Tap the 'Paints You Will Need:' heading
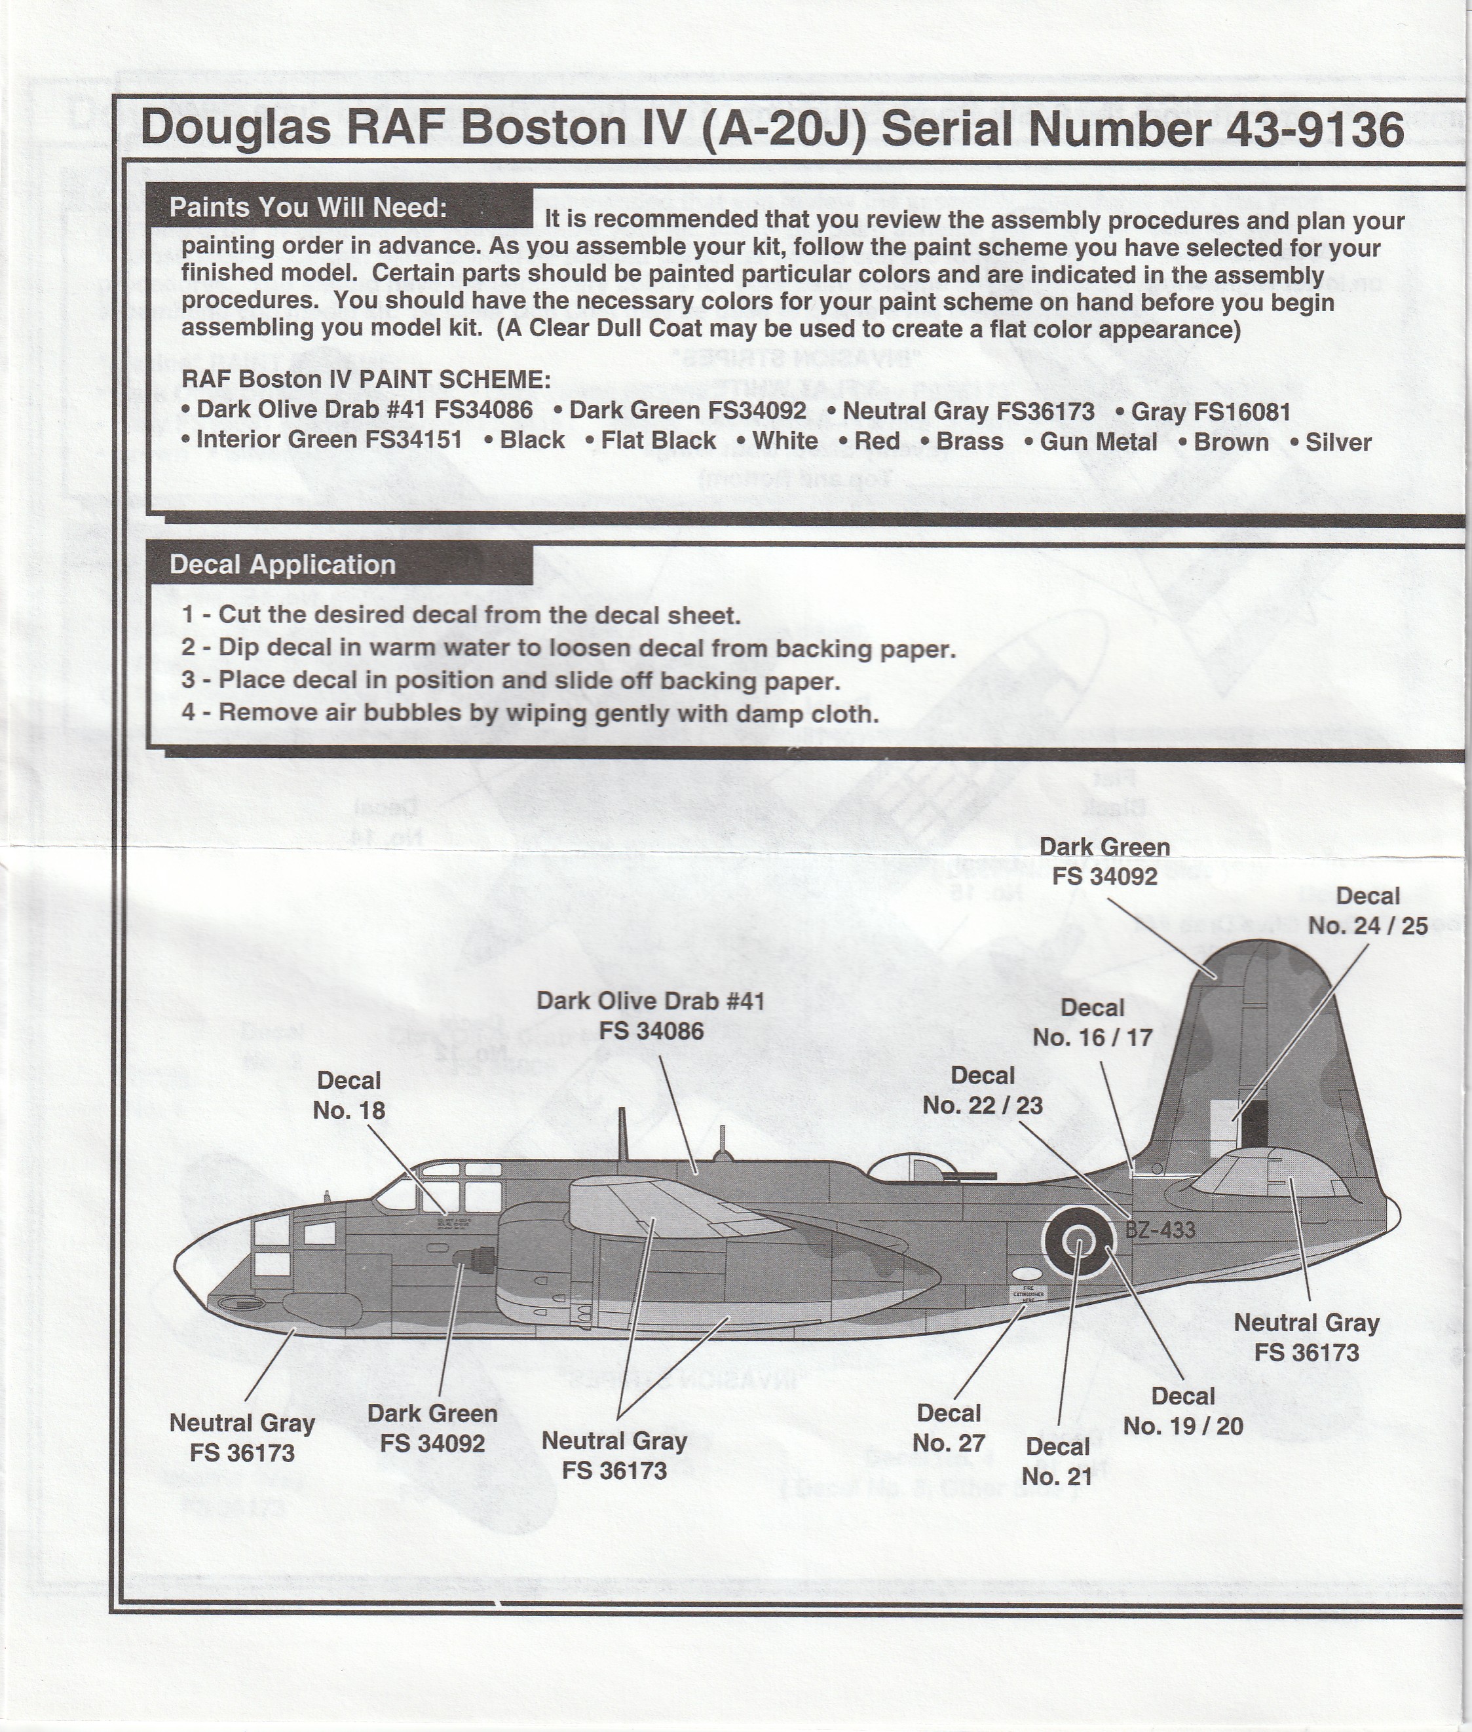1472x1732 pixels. click(308, 208)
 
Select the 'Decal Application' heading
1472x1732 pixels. click(282, 565)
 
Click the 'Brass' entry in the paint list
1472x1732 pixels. click(969, 442)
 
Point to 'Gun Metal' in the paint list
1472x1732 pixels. click(1097, 442)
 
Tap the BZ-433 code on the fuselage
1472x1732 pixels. click(1160, 1229)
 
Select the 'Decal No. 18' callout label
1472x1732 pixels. click(349, 1095)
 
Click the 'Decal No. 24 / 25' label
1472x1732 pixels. click(1368, 911)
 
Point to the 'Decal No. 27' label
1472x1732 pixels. click(949, 1427)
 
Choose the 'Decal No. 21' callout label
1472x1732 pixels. click(1057, 1461)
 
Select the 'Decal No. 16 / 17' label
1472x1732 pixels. click(1092, 1022)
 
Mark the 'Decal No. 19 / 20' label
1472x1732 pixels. click(1182, 1411)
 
